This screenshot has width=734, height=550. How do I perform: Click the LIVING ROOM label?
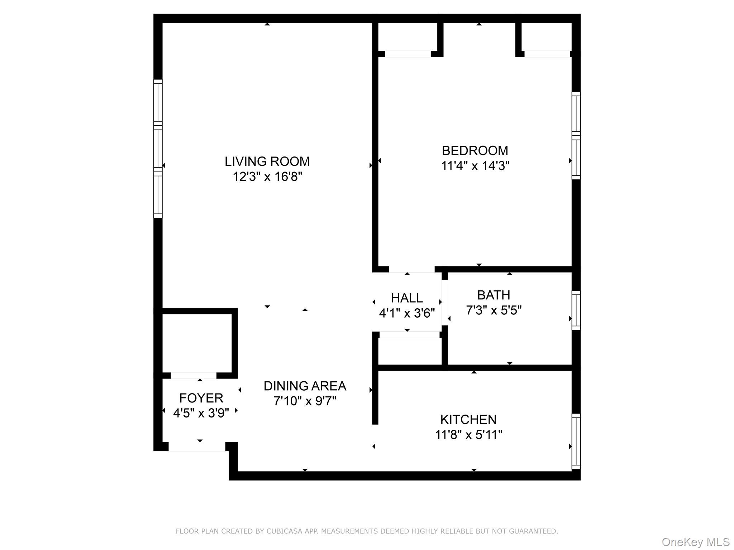(267, 161)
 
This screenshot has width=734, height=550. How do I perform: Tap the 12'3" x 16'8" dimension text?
(267, 177)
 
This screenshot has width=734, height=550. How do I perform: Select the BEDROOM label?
(475, 151)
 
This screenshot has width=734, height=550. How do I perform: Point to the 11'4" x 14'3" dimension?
(475, 166)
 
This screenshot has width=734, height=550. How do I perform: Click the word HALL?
(407, 298)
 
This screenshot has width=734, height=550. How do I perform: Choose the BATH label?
(494, 295)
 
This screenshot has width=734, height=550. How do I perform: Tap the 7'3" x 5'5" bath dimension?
(494, 310)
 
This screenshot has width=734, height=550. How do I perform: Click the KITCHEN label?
(468, 419)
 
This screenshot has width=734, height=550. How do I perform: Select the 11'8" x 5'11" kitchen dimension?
(468, 435)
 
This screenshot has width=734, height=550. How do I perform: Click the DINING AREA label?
(305, 386)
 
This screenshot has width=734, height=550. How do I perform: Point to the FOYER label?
(201, 398)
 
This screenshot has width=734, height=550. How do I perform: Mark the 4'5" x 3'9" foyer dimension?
(201, 413)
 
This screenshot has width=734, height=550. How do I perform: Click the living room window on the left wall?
(158, 149)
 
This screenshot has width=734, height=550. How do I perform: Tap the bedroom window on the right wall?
(576, 135)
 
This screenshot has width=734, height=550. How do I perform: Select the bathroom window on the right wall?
(576, 310)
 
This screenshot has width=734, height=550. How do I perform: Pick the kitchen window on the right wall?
(576, 441)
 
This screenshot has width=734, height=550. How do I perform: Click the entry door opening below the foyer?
(197, 447)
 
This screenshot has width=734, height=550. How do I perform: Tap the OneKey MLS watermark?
(695, 542)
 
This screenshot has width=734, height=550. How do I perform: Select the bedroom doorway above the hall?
(411, 269)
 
